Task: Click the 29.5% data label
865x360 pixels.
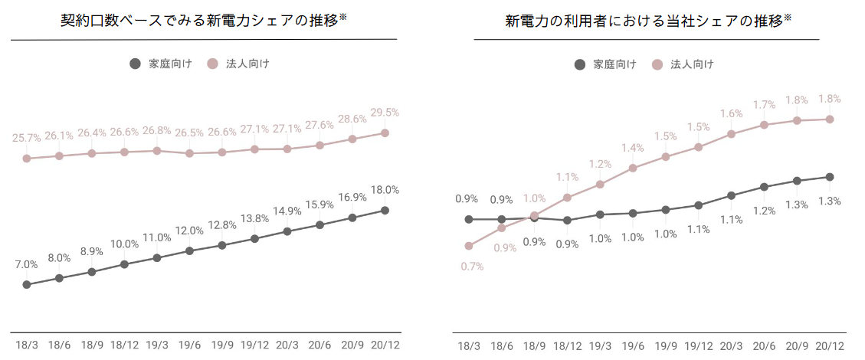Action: coord(385,112)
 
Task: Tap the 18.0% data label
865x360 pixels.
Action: coord(385,190)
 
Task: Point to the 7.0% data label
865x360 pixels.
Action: coord(26,264)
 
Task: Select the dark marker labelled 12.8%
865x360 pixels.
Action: coord(222,245)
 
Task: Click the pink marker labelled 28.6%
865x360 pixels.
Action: coord(352,139)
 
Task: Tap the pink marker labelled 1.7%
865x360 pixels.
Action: coord(764,125)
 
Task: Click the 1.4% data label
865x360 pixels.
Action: coord(633,148)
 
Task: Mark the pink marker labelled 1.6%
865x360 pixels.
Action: coord(732,134)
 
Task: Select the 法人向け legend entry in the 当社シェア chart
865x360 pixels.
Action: coord(684,64)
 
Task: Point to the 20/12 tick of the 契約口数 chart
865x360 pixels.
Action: coord(385,346)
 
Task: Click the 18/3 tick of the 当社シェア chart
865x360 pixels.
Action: coord(469,346)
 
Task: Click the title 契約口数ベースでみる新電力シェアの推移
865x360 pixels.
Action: coord(204,20)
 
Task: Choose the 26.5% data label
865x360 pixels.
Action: coord(189,133)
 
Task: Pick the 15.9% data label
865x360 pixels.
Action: coord(319,205)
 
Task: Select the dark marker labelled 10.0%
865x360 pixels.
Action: coord(124,264)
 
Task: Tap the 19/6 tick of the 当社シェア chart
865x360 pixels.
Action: coord(633,346)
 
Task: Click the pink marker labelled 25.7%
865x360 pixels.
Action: coord(26,159)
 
